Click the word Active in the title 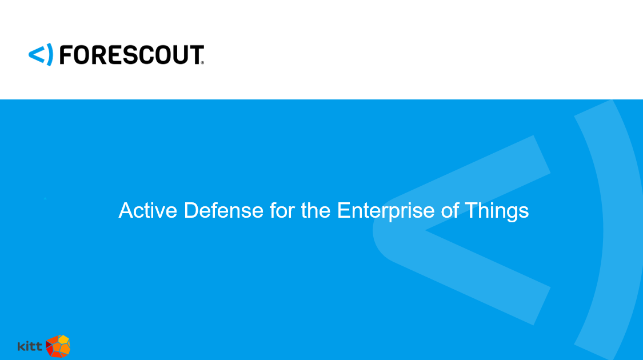147,210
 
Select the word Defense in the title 223,210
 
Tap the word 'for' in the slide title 282,210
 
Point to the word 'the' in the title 315,210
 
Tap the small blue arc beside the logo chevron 50,54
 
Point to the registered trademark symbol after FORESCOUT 202,63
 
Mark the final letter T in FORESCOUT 195,55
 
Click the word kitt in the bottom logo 30,346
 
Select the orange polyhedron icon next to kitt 58,346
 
